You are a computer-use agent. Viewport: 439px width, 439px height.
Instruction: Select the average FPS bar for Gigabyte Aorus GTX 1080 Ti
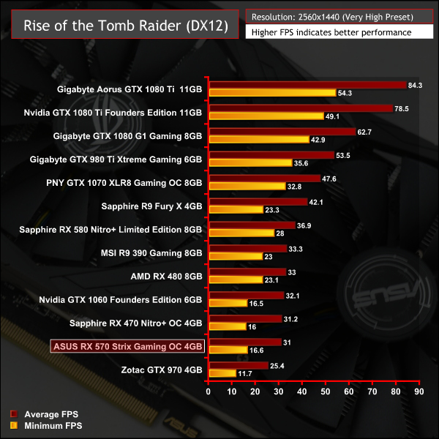pos(307,86)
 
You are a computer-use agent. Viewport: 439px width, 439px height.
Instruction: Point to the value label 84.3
pos(415,86)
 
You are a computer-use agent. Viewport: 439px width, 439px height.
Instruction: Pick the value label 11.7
pos(245,373)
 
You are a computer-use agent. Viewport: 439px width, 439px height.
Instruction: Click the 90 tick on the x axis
pos(419,392)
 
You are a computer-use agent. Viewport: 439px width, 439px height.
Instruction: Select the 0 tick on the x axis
pos(209,392)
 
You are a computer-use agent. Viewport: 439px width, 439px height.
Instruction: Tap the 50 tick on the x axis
pos(326,392)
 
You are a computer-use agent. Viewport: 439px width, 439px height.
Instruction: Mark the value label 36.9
pos(304,226)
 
